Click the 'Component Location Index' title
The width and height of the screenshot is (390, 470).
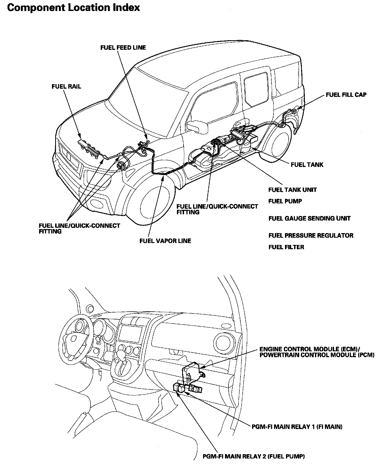click(73, 8)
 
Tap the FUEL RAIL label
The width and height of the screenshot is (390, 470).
click(66, 87)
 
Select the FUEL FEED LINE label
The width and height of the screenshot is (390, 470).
click(123, 48)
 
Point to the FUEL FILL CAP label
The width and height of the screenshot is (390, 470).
click(346, 95)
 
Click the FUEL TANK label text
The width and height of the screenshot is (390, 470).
click(307, 165)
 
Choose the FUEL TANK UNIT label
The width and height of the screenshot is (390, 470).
click(292, 190)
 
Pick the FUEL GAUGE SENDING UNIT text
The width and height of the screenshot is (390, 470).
click(309, 218)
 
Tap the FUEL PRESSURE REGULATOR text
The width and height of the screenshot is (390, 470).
click(311, 236)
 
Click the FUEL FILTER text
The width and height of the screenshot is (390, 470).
click(286, 247)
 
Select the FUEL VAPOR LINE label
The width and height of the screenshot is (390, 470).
click(165, 241)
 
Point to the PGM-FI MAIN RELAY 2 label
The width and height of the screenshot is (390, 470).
click(254, 456)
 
